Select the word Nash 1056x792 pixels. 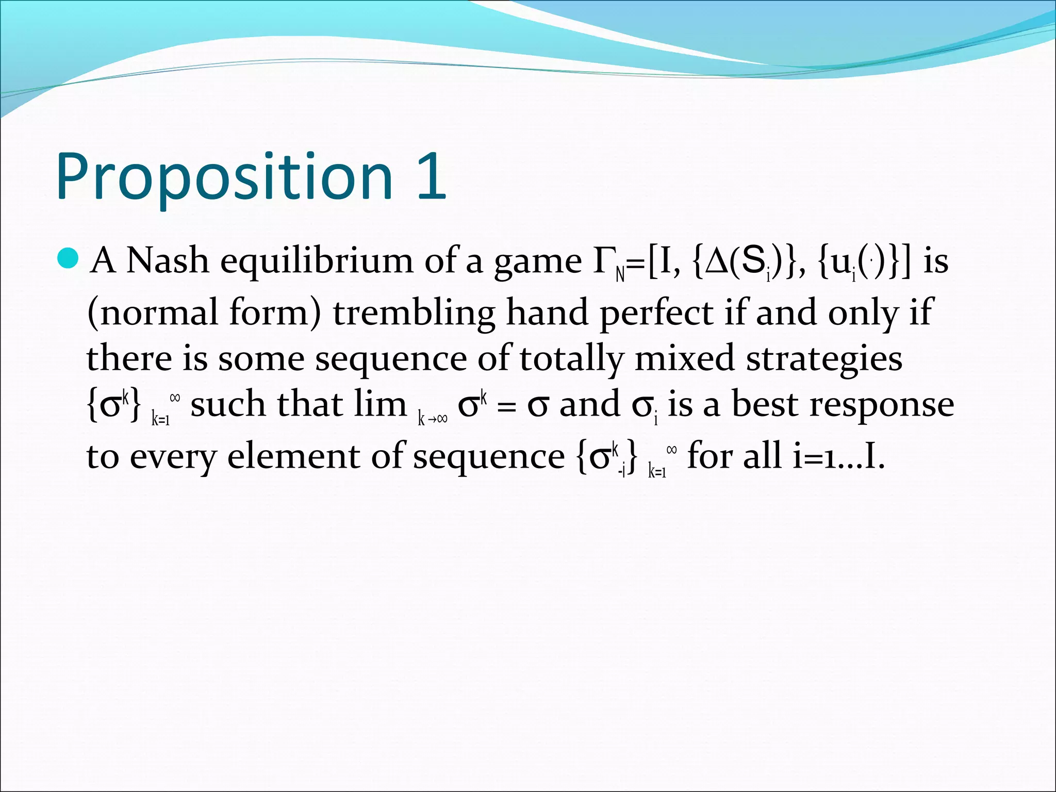pos(167,260)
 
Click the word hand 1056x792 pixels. pos(547,312)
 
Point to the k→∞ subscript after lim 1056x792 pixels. pos(432,419)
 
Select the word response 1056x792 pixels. pos(881,405)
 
